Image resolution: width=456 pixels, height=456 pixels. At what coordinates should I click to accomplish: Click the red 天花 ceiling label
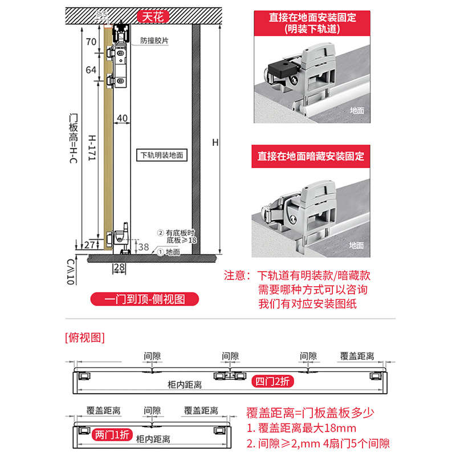click(152, 17)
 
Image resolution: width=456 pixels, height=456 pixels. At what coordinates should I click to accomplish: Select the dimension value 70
click(91, 42)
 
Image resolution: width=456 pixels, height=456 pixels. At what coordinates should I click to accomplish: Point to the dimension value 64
click(91, 70)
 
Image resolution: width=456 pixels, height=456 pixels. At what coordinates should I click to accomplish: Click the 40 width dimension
click(121, 118)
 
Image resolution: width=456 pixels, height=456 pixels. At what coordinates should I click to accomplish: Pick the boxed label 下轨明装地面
click(162, 154)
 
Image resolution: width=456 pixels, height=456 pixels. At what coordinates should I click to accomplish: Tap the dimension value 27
click(89, 245)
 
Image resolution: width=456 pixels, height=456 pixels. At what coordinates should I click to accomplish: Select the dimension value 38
click(144, 247)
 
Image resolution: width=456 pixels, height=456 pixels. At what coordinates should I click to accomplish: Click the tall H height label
click(215, 142)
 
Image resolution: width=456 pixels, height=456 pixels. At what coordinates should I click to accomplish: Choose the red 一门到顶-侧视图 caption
click(144, 299)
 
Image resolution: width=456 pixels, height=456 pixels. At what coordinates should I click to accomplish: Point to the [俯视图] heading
click(85, 337)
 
